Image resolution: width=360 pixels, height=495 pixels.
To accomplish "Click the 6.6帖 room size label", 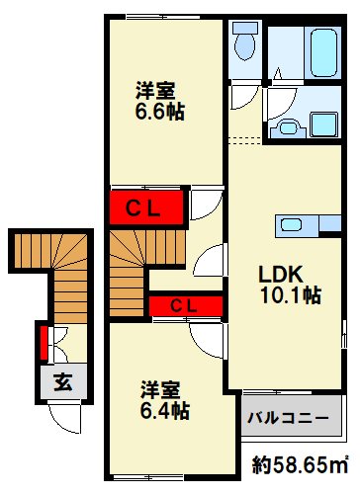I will (x=161, y=110).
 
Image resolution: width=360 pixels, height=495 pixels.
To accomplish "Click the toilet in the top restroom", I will (x=245, y=44).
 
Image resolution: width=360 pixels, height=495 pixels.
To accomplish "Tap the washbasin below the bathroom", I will (x=290, y=125).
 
